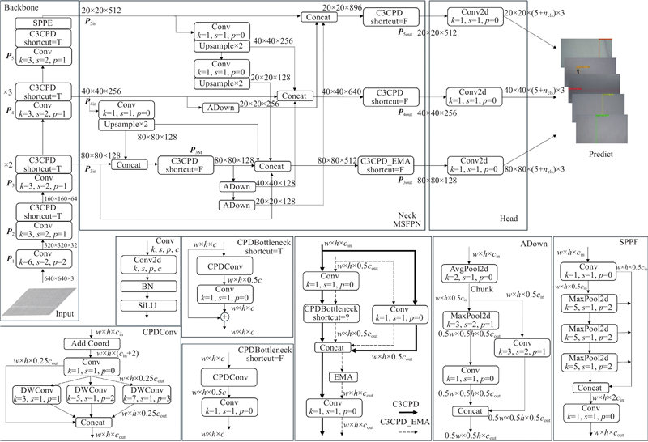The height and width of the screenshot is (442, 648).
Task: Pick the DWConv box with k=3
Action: pyautogui.click(x=29, y=395)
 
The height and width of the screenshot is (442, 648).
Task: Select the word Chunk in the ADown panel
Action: pyautogui.click(x=458, y=289)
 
